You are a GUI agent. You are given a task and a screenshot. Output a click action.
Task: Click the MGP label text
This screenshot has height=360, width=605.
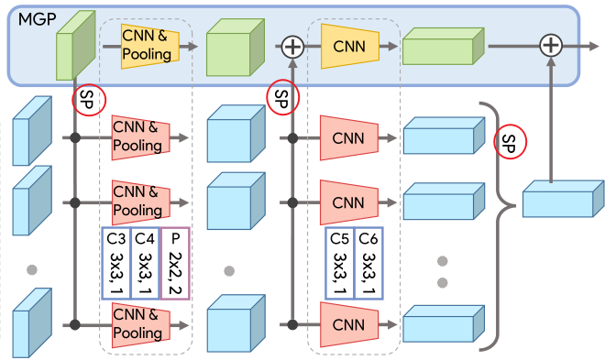click(x=37, y=19)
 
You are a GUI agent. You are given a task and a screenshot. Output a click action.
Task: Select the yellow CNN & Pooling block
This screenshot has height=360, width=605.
click(x=150, y=46)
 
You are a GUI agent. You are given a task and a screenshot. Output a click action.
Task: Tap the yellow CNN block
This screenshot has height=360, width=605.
click(x=350, y=46)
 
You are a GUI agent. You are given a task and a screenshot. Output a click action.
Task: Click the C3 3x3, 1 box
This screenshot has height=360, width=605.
click(x=116, y=263)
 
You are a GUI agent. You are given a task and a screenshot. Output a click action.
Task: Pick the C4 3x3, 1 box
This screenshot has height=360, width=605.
click(x=145, y=263)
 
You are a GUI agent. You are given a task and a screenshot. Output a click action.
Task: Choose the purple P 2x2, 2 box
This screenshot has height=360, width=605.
click(x=175, y=263)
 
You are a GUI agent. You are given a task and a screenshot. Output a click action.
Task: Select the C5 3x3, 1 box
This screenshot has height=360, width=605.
click(x=339, y=263)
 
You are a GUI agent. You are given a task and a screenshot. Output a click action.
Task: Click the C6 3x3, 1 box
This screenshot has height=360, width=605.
click(x=368, y=263)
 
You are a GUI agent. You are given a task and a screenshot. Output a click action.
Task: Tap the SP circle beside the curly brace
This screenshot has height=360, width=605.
click(x=510, y=142)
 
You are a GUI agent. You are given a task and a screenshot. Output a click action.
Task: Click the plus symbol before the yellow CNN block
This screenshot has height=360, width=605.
click(x=292, y=47)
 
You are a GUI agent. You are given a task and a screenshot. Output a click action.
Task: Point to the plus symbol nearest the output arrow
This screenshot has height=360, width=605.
click(x=551, y=46)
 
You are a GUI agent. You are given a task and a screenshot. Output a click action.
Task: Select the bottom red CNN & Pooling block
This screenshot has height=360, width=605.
click(x=141, y=325)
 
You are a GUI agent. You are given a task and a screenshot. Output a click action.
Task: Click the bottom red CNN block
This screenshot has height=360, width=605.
click(x=349, y=325)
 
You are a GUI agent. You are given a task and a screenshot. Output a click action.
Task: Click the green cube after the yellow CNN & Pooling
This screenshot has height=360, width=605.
click(x=236, y=48)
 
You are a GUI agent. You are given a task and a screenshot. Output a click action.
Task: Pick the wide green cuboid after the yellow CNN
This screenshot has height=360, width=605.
click(x=444, y=46)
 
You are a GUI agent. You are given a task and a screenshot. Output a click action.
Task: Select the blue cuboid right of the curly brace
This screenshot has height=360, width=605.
click(x=564, y=199)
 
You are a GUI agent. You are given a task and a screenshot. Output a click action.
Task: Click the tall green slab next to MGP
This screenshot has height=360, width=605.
click(x=75, y=46)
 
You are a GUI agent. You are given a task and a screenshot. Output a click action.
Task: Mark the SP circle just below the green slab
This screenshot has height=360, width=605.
click(x=89, y=100)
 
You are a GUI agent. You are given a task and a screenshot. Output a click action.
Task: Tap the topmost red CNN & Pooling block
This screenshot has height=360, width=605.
click(x=141, y=137)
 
